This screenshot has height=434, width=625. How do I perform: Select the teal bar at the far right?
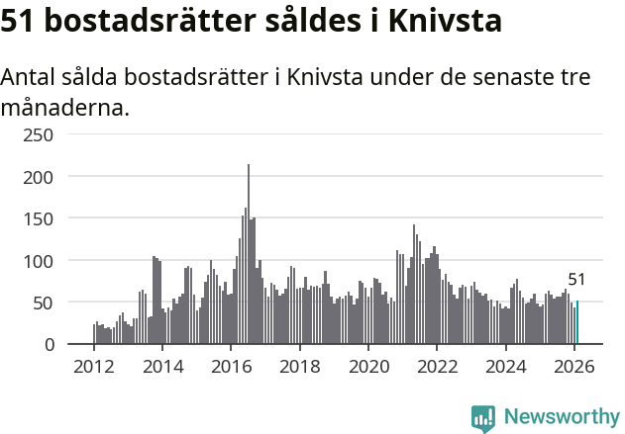tap(577, 323)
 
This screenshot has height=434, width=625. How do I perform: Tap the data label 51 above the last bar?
tap(577, 280)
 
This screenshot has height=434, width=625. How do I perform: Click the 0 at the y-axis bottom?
tap(48, 345)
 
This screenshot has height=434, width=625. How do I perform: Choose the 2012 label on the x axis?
tap(94, 367)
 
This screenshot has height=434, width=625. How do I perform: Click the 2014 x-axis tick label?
tap(162, 367)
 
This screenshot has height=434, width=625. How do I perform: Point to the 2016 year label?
tap(231, 367)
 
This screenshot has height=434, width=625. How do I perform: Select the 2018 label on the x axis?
tap(299, 367)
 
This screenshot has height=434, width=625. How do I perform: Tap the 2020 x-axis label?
tap(368, 367)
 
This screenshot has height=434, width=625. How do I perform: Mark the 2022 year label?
tap(437, 367)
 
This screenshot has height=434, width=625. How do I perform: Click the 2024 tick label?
tap(505, 367)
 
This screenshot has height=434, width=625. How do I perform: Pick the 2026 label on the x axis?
tap(573, 367)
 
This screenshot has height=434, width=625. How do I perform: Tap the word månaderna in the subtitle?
tap(65, 107)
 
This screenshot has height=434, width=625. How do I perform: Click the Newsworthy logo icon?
tap(483, 418)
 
